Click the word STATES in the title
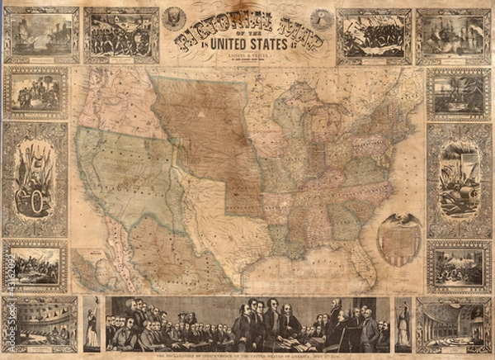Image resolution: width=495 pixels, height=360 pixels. (x=266, y=43)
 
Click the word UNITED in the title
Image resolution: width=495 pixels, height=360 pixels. (x=228, y=43)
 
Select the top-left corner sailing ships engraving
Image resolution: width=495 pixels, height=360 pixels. (x=40, y=36)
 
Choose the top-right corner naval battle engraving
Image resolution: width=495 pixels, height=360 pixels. (x=453, y=36)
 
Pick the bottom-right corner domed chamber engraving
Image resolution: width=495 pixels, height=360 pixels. (x=453, y=324)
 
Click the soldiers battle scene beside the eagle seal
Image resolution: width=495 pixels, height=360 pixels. (x=120, y=36)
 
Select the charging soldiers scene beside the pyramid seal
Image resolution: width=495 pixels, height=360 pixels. (x=373, y=36)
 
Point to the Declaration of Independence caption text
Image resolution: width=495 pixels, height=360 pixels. (x=247, y=356)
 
